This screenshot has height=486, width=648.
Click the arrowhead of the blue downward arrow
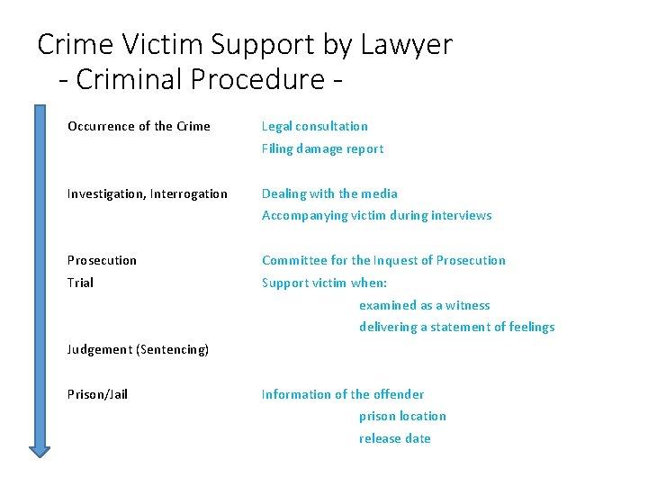coord(40,449)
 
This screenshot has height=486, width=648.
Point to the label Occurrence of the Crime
coord(139,126)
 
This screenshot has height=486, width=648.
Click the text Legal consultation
coord(314,126)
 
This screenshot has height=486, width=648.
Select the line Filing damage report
coord(322,148)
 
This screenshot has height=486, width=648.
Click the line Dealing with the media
coord(329,193)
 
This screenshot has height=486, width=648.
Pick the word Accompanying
coord(303,215)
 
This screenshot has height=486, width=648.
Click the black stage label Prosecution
coord(102,260)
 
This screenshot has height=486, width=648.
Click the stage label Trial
coord(80,283)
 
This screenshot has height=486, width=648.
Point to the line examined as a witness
coord(425,305)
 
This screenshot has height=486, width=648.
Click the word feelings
coord(530,327)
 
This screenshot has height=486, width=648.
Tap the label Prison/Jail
coord(97,394)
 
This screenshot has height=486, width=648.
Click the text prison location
coord(402,416)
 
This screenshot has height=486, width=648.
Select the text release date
coord(394,438)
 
